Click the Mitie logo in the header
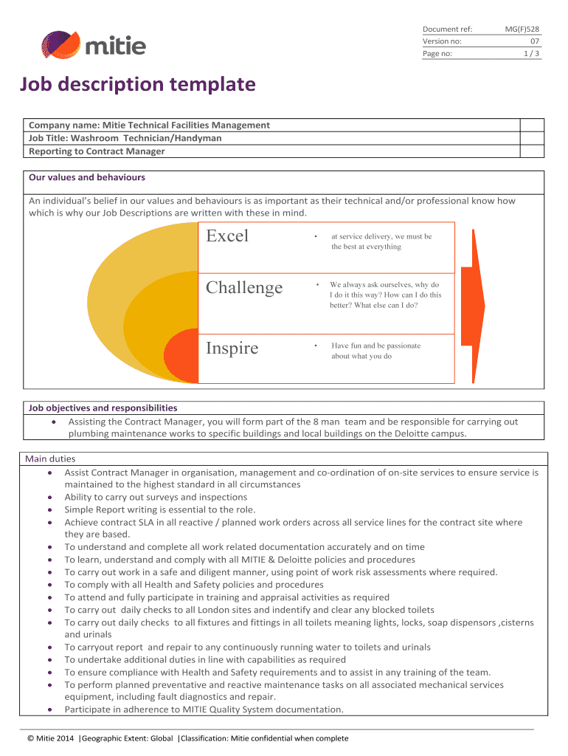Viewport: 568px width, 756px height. point(93,45)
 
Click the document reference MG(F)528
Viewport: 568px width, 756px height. point(522,29)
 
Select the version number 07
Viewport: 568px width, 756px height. point(535,41)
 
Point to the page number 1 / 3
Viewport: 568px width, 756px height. point(531,54)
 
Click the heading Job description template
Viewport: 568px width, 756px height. point(137,85)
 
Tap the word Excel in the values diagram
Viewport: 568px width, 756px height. point(227,236)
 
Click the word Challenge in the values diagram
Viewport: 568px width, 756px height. point(244,288)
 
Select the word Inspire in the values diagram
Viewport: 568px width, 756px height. point(232,348)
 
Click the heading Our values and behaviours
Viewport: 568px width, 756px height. point(86,178)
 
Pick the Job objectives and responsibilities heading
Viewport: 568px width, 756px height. point(103,408)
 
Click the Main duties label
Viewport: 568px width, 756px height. point(50,459)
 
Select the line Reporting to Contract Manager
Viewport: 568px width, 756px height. point(97,151)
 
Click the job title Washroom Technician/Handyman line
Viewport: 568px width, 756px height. point(125,138)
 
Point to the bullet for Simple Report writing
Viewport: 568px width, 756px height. point(49,509)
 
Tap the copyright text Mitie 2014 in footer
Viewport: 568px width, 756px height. point(51,738)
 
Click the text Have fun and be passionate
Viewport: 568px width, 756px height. point(375,346)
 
